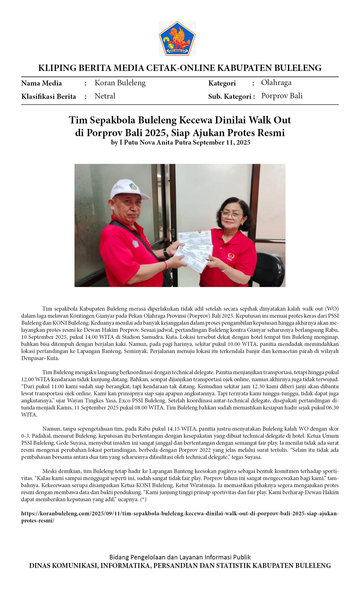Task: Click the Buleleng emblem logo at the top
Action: [x=177, y=38]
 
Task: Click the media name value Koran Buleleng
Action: [x=120, y=83]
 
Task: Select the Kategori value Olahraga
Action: [x=276, y=82]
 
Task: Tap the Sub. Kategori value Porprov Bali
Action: [x=282, y=96]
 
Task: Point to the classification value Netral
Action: [x=105, y=96]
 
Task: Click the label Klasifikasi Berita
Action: [x=49, y=97]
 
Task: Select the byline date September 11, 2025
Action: [x=221, y=142]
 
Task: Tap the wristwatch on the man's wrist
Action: [x=166, y=253]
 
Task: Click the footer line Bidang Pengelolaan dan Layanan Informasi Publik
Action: [x=180, y=557]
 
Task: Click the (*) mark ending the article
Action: [x=143, y=500]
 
